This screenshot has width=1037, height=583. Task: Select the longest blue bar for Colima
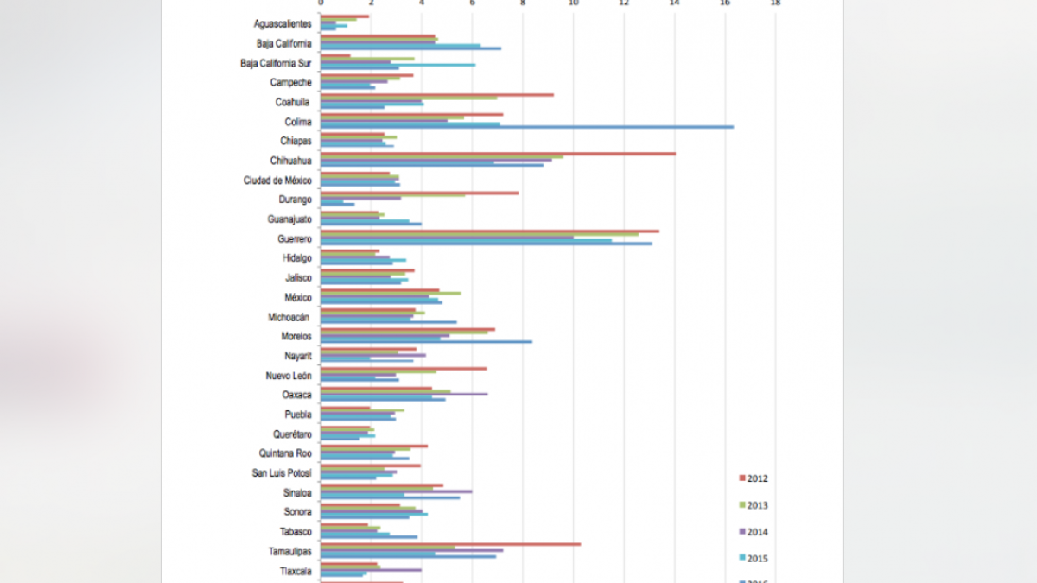[527, 127]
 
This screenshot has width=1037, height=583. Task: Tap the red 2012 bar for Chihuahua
[498, 154]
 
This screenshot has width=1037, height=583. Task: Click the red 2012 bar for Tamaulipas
[450, 544]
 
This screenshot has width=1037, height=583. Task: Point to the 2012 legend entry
[753, 478]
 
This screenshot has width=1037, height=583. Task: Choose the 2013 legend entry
[753, 505]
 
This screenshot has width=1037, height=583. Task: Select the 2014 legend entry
[753, 532]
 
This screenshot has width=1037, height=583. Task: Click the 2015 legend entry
[753, 558]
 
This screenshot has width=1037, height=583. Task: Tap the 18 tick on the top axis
[775, 3]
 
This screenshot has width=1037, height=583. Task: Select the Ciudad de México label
[277, 181]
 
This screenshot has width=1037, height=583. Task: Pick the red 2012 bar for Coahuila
[437, 95]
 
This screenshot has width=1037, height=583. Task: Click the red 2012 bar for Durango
[420, 193]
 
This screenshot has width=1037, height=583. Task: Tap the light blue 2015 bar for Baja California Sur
[398, 65]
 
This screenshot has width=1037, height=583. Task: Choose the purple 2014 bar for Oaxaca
[404, 394]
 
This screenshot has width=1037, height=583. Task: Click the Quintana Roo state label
[285, 453]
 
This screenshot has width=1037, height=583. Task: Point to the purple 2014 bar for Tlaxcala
[371, 570]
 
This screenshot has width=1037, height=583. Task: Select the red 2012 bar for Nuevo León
[404, 369]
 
